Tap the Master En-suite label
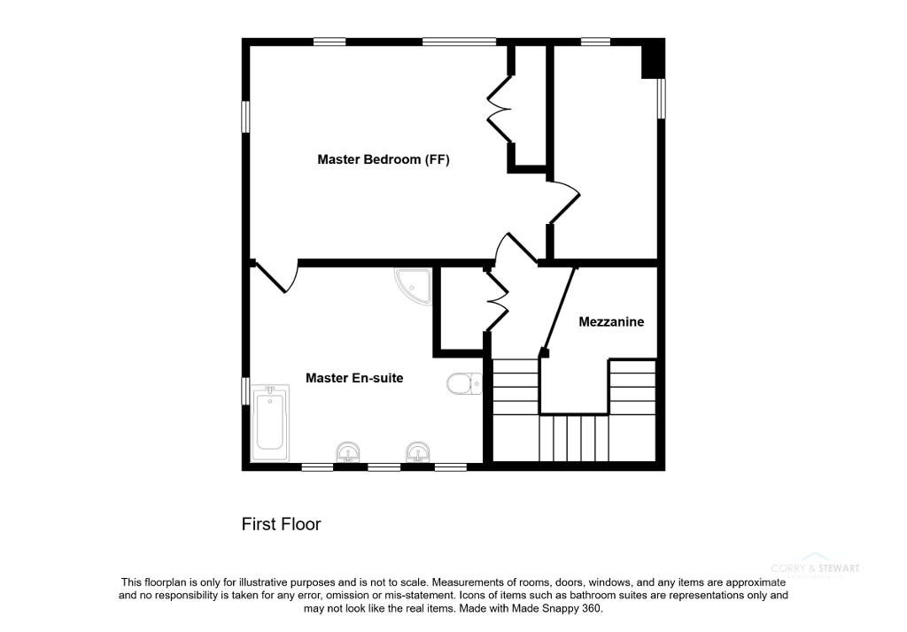pyautogui.click(x=354, y=378)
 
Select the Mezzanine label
pyautogui.click(x=611, y=322)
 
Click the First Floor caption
pyautogui.click(x=281, y=524)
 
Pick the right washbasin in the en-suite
pyautogui.click(x=417, y=453)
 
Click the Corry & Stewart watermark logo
pyautogui.click(x=814, y=568)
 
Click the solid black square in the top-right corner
pyautogui.click(x=652, y=60)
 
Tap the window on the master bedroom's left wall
pyautogui.click(x=246, y=117)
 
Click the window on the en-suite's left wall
pyautogui.click(x=246, y=391)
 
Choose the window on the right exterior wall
pyautogui.click(x=661, y=97)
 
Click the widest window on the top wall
pyautogui.click(x=459, y=41)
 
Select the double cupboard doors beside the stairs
pyautogui.click(x=496, y=301)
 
